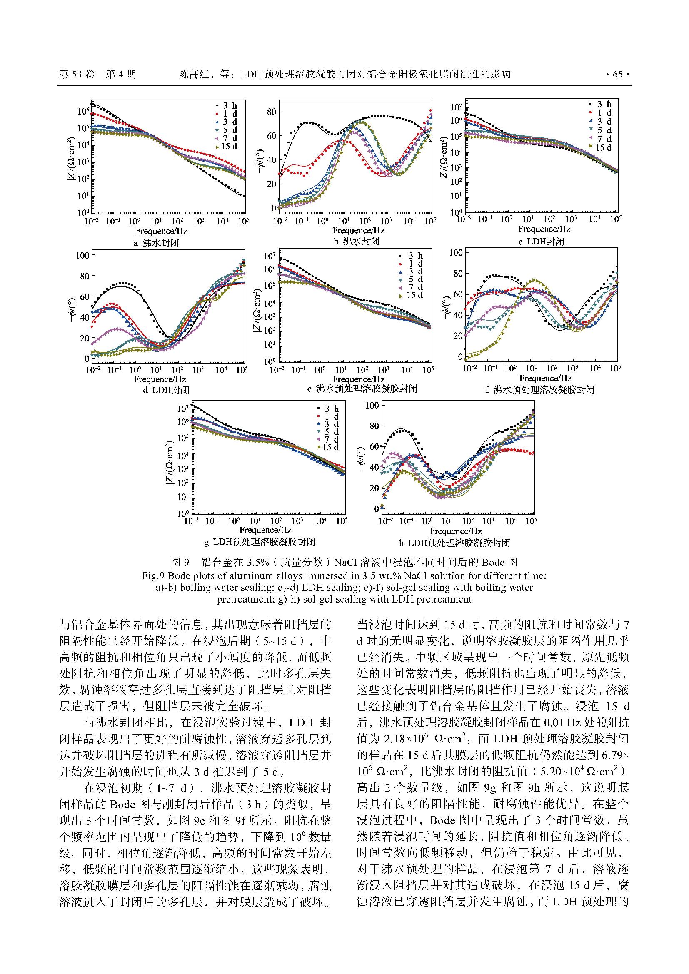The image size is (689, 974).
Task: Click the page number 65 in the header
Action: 617,75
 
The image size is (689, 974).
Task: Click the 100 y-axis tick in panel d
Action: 82,255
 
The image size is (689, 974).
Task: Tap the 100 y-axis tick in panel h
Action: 372,405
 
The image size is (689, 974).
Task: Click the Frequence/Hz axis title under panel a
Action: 161,231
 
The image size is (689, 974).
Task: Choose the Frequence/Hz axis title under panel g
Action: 265,530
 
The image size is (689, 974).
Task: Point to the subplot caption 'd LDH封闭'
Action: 165,390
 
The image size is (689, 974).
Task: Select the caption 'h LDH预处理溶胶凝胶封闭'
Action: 454,543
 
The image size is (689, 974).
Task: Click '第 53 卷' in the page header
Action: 77,75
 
